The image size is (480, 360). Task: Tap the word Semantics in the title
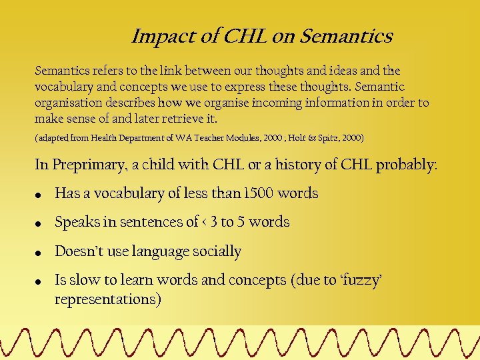point(347,36)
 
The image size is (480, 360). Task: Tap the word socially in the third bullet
point(217,251)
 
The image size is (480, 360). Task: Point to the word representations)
point(108,299)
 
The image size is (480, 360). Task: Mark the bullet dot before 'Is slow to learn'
point(40,282)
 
